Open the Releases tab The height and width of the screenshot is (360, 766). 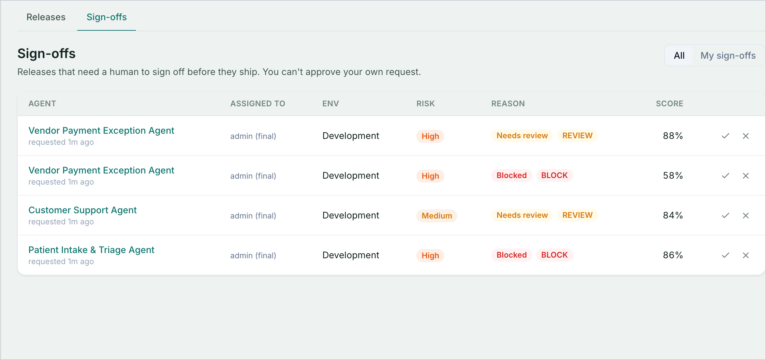pyautogui.click(x=46, y=17)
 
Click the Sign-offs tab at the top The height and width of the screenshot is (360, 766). pyautogui.click(x=107, y=17)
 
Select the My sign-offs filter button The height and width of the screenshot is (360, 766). pyautogui.click(x=728, y=55)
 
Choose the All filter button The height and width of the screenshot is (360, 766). pyautogui.click(x=679, y=55)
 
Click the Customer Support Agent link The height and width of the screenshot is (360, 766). pyautogui.click(x=82, y=210)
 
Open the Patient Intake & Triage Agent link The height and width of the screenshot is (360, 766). pyautogui.click(x=91, y=250)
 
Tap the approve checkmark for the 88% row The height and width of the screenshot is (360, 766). pyautogui.click(x=726, y=136)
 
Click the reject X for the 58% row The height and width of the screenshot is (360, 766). pyautogui.click(x=746, y=176)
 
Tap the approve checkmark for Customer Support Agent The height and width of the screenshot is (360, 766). pyautogui.click(x=726, y=216)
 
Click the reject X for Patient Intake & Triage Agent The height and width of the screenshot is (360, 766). pyautogui.click(x=746, y=255)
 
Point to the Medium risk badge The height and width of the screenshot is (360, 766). pyautogui.click(x=437, y=216)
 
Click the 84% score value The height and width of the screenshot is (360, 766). pyautogui.click(x=673, y=215)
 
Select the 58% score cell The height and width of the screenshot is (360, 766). pyautogui.click(x=673, y=175)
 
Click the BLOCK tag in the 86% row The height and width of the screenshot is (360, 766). pyautogui.click(x=554, y=255)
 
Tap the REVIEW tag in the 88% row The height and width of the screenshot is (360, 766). pyautogui.click(x=577, y=136)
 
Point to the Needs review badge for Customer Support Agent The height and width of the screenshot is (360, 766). pyautogui.click(x=522, y=215)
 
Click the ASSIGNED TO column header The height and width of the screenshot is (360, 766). pyautogui.click(x=258, y=104)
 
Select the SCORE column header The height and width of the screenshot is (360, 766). pyautogui.click(x=670, y=104)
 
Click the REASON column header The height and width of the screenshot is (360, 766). pyautogui.click(x=508, y=104)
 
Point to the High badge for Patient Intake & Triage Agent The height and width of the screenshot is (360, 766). pyautogui.click(x=430, y=255)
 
